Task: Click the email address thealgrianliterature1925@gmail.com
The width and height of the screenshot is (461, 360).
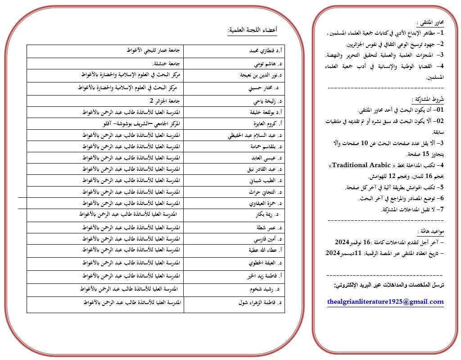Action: [385, 301]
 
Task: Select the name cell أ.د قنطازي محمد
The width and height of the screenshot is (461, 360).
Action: [262, 51]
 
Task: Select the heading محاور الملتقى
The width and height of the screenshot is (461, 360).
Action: [430, 22]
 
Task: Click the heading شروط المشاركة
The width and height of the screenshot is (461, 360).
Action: [430, 99]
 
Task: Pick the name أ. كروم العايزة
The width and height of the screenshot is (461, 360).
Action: [265, 123]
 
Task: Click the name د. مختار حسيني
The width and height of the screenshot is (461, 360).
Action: [263, 88]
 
